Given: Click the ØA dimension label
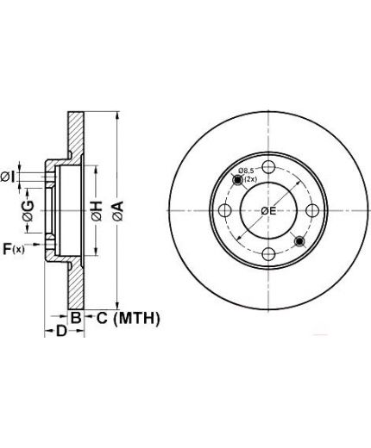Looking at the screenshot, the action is pyautogui.click(x=118, y=211).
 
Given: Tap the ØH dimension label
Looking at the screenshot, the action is pyautogui.click(x=97, y=211).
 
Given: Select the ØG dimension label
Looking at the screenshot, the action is pyautogui.click(x=28, y=211).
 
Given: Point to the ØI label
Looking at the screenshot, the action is pyautogui.click(x=8, y=177).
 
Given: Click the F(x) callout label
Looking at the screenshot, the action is pyautogui.click(x=14, y=249).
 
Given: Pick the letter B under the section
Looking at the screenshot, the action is pyautogui.click(x=76, y=318).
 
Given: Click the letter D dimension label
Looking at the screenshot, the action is pyautogui.click(x=61, y=331).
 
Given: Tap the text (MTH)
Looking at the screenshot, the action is pyautogui.click(x=136, y=319).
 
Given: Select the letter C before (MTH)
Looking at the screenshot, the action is pyautogui.click(x=102, y=318).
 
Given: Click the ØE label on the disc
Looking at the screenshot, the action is pyautogui.click(x=268, y=211).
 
